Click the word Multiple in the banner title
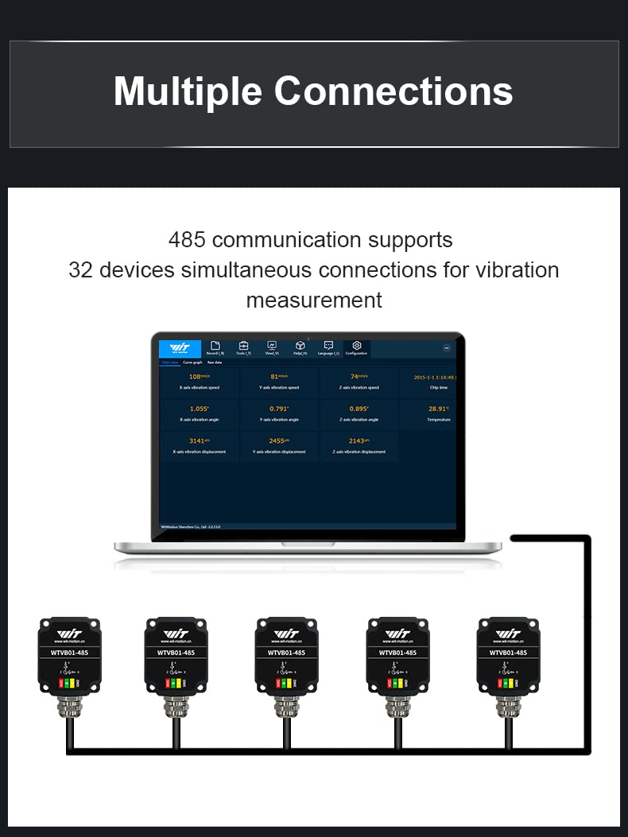(x=188, y=91)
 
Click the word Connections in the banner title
(x=393, y=91)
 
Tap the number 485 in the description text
(x=187, y=239)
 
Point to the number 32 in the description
(x=80, y=270)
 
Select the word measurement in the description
(x=314, y=300)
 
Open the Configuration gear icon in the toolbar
(x=357, y=347)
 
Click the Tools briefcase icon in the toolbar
(x=244, y=347)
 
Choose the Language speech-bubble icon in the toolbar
(x=328, y=347)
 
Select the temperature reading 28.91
(x=438, y=409)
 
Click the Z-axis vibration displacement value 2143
(x=357, y=440)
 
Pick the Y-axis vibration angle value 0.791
(x=278, y=409)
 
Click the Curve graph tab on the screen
(x=192, y=362)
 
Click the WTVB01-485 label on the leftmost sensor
(x=70, y=653)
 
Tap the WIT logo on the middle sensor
(x=286, y=634)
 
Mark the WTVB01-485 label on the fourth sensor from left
(x=397, y=653)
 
